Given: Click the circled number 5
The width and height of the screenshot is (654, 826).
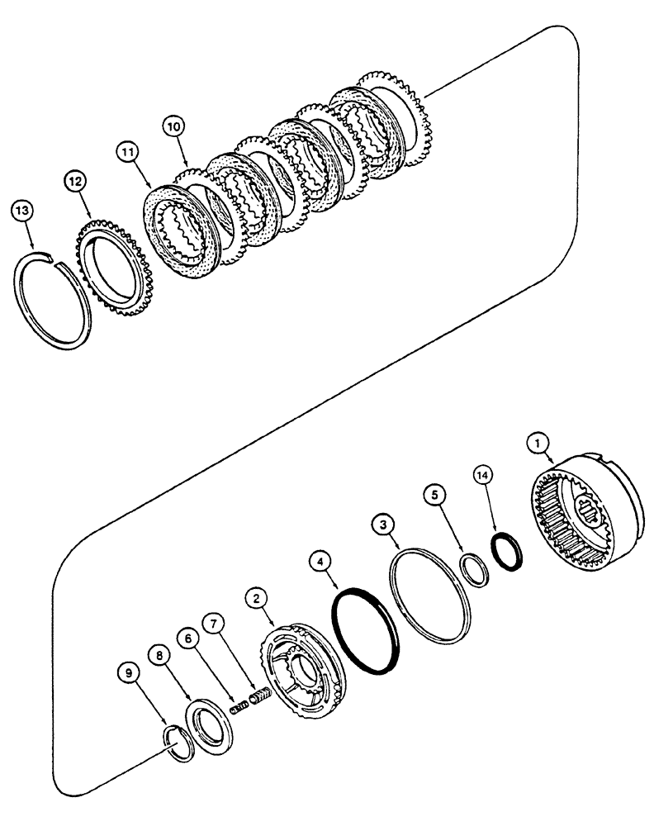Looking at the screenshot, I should [437, 496].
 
